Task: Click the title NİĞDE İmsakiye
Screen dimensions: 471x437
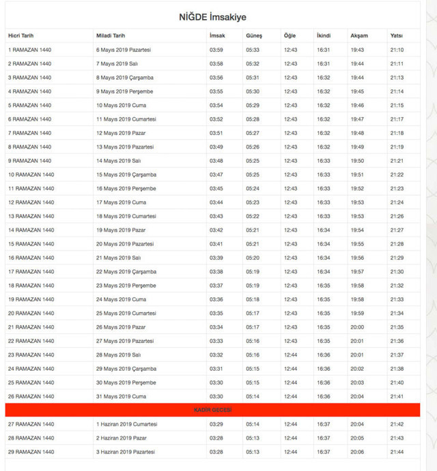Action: pos(212,17)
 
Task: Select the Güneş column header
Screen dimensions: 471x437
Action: pos(253,35)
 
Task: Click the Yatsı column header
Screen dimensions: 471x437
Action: pos(396,35)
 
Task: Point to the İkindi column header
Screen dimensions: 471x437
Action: pos(324,35)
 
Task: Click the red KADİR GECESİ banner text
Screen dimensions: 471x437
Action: pos(212,410)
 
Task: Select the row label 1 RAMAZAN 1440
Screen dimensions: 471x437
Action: pos(29,50)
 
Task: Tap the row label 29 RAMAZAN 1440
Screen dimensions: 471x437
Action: pos(31,452)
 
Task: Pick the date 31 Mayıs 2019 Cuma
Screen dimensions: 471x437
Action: pos(122,396)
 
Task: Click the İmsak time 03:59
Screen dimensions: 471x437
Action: pos(216,50)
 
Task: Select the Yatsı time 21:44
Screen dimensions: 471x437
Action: pos(397,452)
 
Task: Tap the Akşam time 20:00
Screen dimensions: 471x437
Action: pos(357,327)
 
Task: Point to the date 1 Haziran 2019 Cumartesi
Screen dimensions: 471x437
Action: pos(127,424)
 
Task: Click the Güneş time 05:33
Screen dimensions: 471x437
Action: pos(253,50)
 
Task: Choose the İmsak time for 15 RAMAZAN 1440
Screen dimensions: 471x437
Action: pos(216,244)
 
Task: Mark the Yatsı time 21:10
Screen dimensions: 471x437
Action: pos(397,50)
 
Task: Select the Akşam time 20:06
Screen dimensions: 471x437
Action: pos(357,452)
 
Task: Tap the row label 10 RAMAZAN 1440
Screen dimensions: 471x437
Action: pos(31,174)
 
